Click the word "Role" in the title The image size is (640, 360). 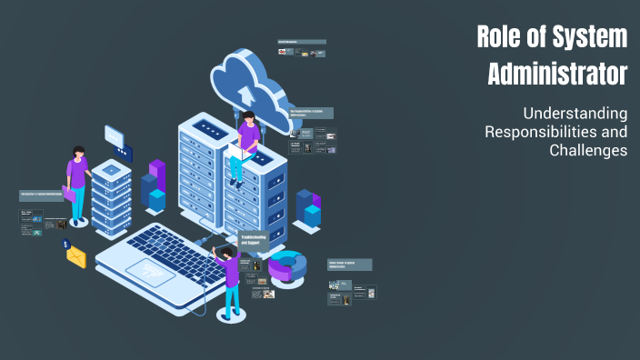pyautogui.click(x=501, y=37)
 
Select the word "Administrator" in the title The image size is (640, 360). pyautogui.click(x=557, y=73)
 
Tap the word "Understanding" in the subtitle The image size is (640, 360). pyautogui.click(x=575, y=114)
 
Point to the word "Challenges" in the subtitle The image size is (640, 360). pyautogui.click(x=588, y=150)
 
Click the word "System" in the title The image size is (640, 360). pyautogui.click(x=591, y=37)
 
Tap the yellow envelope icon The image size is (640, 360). pyautogui.click(x=75, y=257)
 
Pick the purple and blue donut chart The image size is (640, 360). pyautogui.click(x=287, y=267)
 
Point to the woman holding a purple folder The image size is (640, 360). pyautogui.click(x=78, y=185)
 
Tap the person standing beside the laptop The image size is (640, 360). pyautogui.click(x=230, y=280)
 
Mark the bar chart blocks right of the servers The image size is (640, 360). pyautogui.click(x=308, y=208)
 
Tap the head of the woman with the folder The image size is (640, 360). pyautogui.click(x=79, y=152)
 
